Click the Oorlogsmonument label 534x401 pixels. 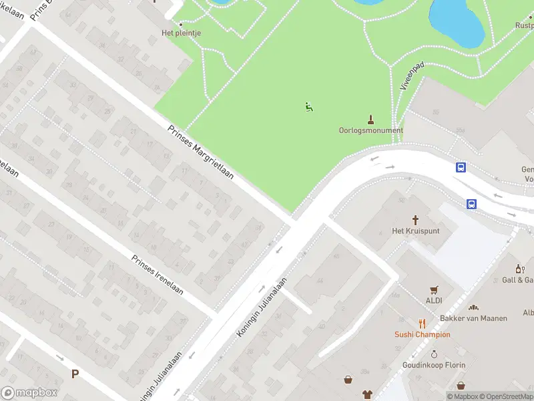pos(370,130)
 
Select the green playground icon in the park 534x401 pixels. pos(309,106)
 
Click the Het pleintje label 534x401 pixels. pos(182,32)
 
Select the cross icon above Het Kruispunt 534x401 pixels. pos(415,219)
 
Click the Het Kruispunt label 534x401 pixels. pos(415,231)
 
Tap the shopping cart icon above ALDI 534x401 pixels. pos(435,289)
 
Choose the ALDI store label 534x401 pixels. pos(435,301)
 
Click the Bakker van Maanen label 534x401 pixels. pos(473,318)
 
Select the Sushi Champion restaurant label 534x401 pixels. pos(423,334)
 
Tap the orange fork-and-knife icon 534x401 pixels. pos(423,323)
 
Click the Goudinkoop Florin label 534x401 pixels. pos(433,365)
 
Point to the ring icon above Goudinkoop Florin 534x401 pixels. pos(433,354)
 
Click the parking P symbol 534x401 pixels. pos(75,374)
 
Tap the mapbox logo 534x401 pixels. pos(28,393)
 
